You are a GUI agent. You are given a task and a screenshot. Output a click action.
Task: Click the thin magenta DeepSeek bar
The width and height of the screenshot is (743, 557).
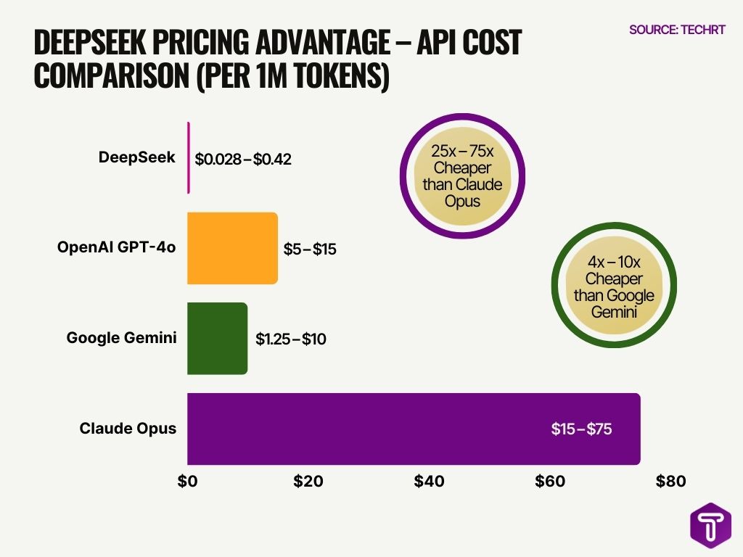[189, 157]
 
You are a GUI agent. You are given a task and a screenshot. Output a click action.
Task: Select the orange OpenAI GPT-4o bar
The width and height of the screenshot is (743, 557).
[232, 248]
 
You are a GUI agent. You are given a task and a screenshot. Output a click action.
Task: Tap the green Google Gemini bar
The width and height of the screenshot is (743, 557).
[217, 339]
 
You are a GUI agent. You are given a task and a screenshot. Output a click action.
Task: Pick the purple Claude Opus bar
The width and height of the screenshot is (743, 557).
[414, 429]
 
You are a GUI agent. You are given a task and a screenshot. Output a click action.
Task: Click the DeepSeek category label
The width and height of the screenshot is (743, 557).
[137, 157]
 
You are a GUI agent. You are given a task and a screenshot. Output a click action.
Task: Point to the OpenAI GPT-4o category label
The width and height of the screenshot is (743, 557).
[117, 247]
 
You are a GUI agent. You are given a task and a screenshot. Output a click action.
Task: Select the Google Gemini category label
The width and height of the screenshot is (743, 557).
[121, 337]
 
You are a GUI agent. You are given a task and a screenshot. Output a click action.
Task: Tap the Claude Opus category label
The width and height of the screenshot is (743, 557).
[128, 428]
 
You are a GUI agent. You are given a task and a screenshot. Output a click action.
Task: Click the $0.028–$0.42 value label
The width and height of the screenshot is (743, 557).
[243, 159]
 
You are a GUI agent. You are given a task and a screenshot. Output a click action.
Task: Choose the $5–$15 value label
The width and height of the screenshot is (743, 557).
[310, 249]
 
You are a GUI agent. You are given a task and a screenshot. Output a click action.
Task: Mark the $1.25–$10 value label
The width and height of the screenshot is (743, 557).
[290, 339]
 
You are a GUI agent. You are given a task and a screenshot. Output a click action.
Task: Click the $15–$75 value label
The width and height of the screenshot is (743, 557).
[581, 429]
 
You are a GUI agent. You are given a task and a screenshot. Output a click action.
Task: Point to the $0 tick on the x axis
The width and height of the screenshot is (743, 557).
[187, 481]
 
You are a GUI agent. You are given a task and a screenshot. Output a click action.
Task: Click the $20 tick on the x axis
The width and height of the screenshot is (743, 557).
[308, 481]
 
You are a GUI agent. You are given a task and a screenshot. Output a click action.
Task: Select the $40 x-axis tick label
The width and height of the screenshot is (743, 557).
[429, 481]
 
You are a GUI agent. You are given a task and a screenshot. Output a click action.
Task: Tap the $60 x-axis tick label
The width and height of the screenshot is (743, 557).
[549, 481]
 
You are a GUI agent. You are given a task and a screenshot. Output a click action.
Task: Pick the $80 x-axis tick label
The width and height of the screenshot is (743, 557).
[670, 481]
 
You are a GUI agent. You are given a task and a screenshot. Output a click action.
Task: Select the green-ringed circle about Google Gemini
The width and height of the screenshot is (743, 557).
[614, 286]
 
